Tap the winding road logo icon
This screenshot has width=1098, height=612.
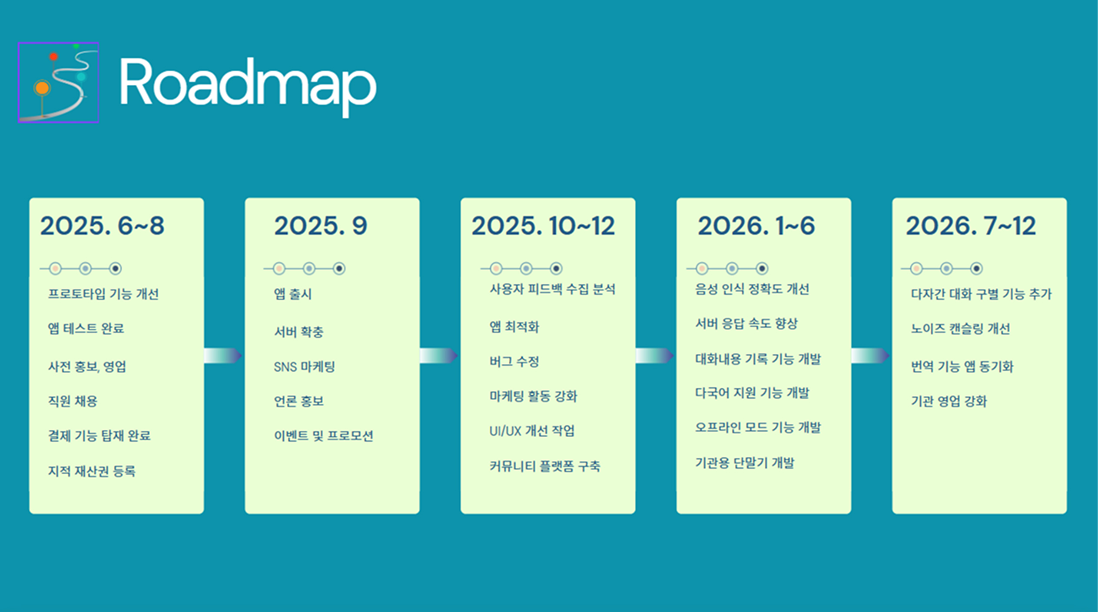coord(58,83)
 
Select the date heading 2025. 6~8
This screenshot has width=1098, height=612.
coord(102,226)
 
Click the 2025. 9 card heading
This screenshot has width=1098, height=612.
coord(321,226)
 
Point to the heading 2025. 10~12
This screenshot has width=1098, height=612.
coord(543,226)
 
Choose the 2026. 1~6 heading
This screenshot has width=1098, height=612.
coord(756,226)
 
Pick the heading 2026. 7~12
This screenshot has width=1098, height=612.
coord(971,226)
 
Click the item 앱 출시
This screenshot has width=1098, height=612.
coord(293,294)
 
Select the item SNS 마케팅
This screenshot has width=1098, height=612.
coord(304,367)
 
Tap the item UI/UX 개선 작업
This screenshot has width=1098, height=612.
coord(532,431)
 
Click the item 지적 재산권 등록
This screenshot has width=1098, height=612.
coord(92,471)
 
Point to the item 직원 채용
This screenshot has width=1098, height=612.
coord(73,401)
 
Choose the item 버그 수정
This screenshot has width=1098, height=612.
coord(514,362)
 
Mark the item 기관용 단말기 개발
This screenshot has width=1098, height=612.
coord(745,463)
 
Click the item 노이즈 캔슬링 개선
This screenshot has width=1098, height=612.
coord(960,329)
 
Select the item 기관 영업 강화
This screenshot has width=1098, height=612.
coord(949,401)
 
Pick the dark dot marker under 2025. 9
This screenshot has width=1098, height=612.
coord(339,269)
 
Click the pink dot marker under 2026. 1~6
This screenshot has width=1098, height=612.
coord(702,269)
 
